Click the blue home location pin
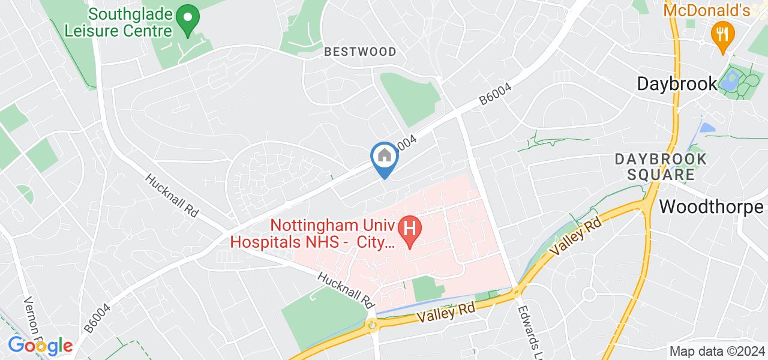383,158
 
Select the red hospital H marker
411,230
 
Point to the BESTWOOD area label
360,52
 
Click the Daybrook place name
677,83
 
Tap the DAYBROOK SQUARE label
661,167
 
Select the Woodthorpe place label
712,207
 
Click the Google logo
40,346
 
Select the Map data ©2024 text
716,352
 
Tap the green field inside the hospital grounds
428,288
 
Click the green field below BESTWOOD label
411,97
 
